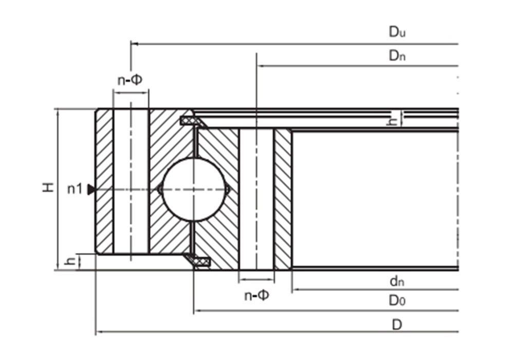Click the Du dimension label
click(397, 32)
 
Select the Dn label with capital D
click(397, 56)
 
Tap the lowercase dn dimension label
click(397, 281)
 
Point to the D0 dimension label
click(397, 301)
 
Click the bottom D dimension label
click(397, 325)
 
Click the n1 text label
click(75, 189)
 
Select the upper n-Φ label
click(130, 80)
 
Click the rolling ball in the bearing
click(194, 189)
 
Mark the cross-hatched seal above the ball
click(191, 120)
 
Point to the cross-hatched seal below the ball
click(199, 262)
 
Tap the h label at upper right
click(393, 121)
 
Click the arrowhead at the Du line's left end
click(134, 44)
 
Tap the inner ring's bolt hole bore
click(256, 199)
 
